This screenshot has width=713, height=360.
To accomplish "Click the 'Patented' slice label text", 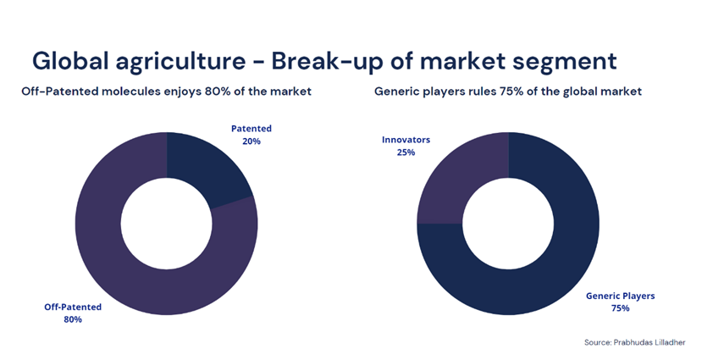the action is (251, 129).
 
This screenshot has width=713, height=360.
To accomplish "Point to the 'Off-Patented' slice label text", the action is (73, 307).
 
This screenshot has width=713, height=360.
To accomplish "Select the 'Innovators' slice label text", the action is (406, 140).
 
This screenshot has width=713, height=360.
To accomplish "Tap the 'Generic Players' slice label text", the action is (620, 296).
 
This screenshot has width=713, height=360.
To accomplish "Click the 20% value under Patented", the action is (251, 141).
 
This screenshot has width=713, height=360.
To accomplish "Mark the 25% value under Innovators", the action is (406, 152).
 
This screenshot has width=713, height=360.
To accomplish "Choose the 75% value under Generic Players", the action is (620, 308).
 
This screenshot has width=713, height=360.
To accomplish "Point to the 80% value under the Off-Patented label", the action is (73, 319).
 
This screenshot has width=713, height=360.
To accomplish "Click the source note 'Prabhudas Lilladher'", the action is (649, 342).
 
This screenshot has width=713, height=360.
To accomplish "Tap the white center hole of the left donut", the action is (167, 224).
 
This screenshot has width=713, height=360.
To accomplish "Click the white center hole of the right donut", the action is (508, 224).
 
